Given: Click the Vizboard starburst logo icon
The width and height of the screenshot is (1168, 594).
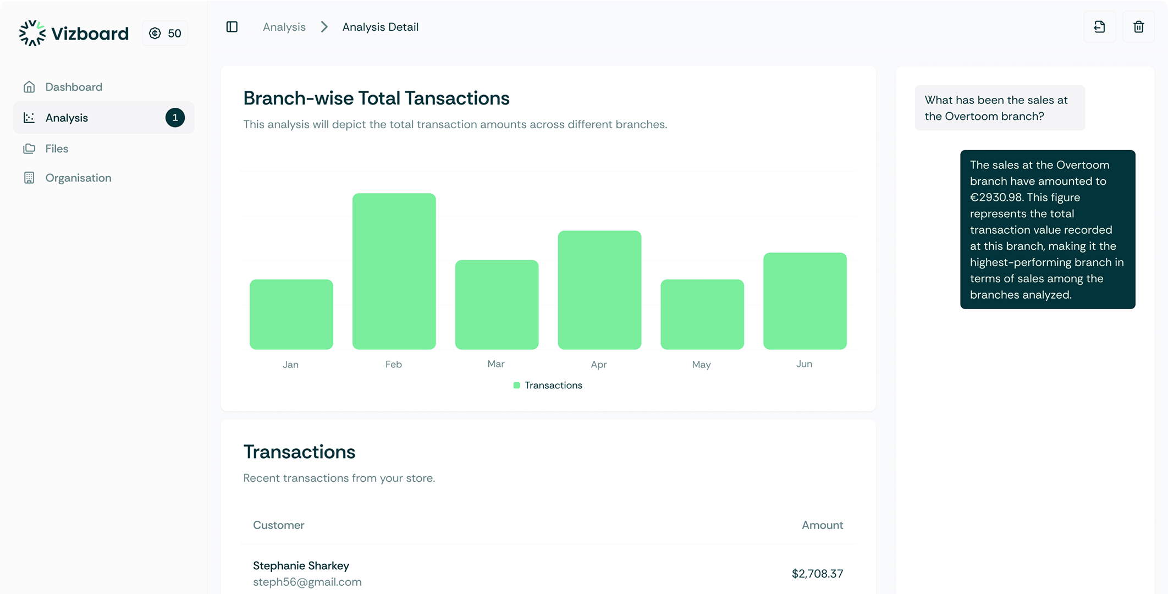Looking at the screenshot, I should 32,34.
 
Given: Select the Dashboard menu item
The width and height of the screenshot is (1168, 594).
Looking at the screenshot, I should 74,87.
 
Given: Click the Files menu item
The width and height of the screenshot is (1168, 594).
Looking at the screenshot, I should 57,148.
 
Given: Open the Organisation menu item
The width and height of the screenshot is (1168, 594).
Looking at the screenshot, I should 78,178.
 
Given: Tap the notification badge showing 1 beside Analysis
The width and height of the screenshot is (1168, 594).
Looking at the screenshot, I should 175,118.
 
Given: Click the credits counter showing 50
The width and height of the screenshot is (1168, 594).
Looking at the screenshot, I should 166,34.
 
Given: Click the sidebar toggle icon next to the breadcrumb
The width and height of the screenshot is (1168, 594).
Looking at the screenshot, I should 232,27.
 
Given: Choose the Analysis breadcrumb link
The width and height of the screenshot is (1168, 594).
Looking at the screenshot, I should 284,27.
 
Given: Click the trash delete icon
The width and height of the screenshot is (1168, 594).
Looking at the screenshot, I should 1138,27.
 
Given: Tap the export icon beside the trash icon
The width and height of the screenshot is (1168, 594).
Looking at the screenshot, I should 1099,27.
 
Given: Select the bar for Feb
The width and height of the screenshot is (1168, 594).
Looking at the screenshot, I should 394,271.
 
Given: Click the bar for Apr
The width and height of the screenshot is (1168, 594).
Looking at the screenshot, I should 599,290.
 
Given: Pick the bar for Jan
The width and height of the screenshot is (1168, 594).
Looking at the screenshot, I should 291,314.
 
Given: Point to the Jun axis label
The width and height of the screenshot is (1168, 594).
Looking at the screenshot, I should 804,364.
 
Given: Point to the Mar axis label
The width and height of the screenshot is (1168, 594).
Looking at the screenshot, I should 495,364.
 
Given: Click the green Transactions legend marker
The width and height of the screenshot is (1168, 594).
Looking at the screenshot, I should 516,386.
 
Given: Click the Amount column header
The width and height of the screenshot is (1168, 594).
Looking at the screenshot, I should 822,525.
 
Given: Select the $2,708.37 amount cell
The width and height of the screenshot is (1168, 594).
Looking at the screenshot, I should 817,574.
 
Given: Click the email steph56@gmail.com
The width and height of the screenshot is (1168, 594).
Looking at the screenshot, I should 307,582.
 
